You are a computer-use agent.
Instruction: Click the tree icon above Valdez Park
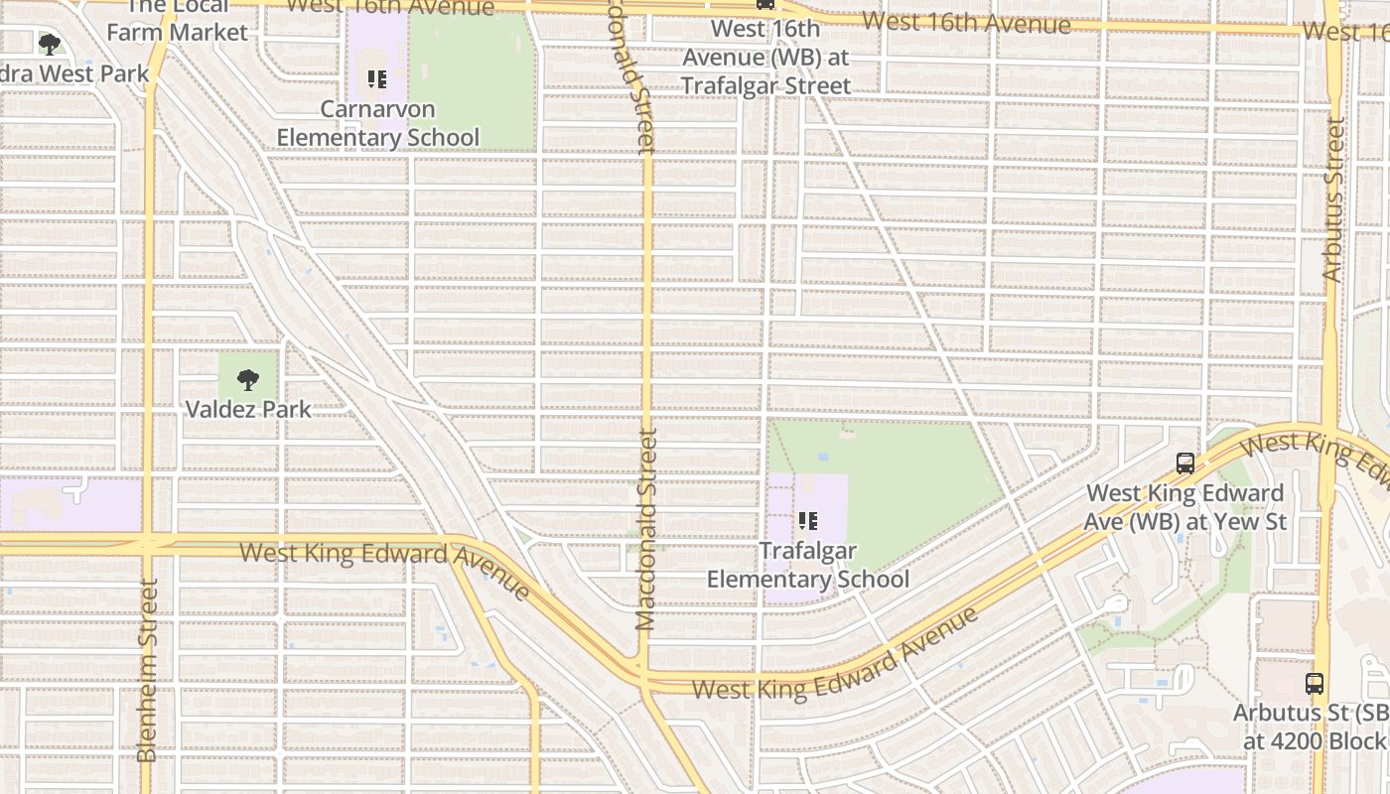coord(248,379)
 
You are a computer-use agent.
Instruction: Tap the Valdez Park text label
coord(248,409)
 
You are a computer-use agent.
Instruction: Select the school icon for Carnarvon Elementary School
coord(376,79)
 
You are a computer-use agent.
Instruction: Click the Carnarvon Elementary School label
coord(377,123)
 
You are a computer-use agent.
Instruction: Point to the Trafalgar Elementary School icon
coord(807,521)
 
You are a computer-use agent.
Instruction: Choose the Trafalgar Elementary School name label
coord(807,565)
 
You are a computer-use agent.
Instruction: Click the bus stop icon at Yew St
coord(1184,463)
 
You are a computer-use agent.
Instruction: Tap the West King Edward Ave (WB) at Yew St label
coord(1185,507)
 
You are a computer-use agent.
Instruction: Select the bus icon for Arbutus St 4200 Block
coord(1314,683)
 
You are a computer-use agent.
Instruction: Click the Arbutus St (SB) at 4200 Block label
coord(1311,728)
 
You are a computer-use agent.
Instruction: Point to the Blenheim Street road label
coord(147,670)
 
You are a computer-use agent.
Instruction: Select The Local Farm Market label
coord(177,20)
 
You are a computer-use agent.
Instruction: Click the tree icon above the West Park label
coord(49,45)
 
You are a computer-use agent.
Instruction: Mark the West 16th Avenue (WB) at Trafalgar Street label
coord(765,58)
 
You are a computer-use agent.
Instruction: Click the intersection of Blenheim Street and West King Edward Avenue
coord(147,543)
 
